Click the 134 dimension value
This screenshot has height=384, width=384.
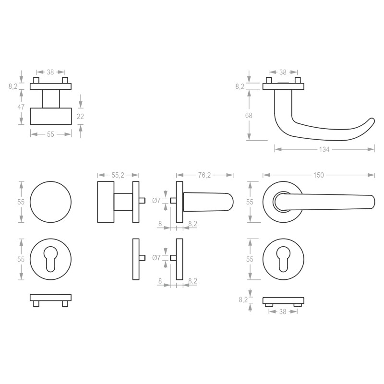tap(324, 149)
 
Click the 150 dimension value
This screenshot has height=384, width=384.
tap(318, 175)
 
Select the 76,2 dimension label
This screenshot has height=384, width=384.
tap(204, 175)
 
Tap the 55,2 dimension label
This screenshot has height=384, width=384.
tap(118, 175)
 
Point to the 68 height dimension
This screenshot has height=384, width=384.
tap(249, 115)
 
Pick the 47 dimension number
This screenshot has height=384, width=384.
tap(21, 107)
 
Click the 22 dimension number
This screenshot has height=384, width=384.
tap(80, 117)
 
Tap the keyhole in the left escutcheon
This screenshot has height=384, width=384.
tap(51, 259)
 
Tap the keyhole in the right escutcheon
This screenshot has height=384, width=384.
tap(283, 259)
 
